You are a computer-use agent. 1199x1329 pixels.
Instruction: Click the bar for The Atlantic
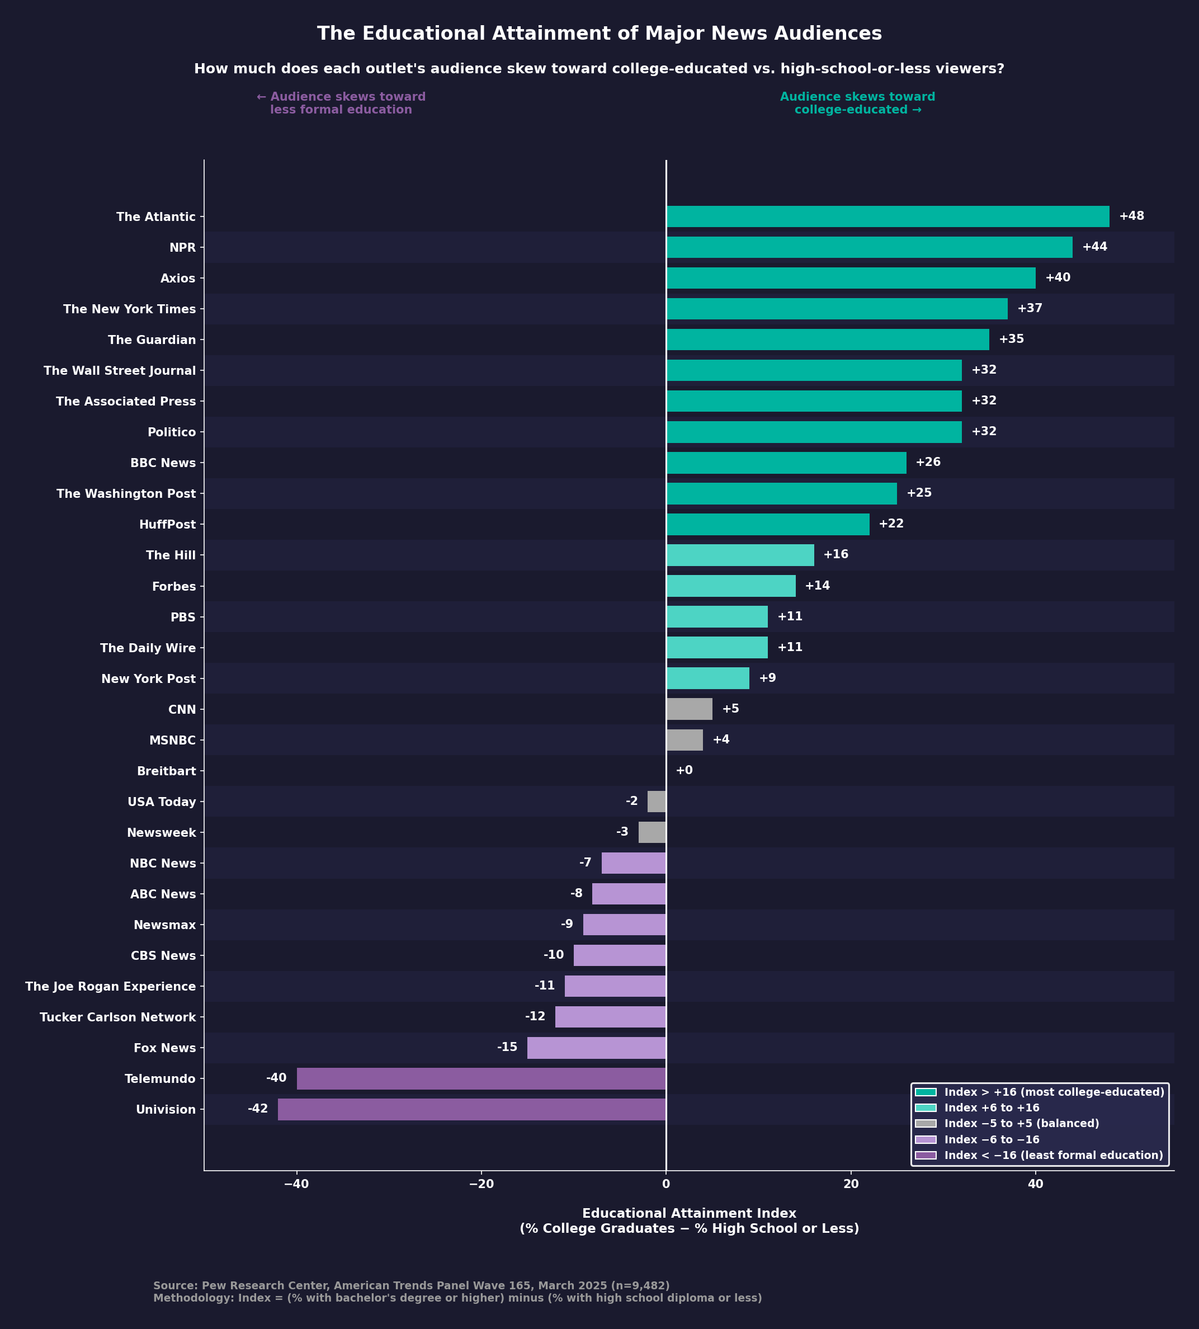click(x=888, y=217)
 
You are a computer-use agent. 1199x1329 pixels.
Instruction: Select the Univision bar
click(x=471, y=1110)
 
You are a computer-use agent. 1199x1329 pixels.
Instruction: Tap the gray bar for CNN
click(x=689, y=710)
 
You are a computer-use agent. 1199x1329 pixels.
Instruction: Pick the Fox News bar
click(x=596, y=1048)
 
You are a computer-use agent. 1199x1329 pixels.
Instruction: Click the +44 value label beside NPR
click(x=1094, y=247)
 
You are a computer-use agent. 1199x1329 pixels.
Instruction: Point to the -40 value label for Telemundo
click(x=276, y=1078)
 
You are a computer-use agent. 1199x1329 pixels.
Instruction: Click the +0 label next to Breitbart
click(x=684, y=771)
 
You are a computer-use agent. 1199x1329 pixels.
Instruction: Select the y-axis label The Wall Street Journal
click(x=120, y=371)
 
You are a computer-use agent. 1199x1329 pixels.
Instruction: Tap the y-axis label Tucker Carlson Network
click(x=118, y=1017)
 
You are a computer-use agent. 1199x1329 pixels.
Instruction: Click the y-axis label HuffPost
click(x=167, y=525)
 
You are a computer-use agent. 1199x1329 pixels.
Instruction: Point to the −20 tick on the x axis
click(x=481, y=1203)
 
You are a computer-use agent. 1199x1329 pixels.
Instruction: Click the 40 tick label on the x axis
click(x=1035, y=1203)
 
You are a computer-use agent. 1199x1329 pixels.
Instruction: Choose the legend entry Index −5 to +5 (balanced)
click(x=1021, y=1123)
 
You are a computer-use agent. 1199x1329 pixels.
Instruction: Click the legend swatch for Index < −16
click(x=926, y=1155)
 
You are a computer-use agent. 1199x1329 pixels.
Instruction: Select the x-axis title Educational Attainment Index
click(x=689, y=1214)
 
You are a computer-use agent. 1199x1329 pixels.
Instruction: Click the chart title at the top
click(x=599, y=34)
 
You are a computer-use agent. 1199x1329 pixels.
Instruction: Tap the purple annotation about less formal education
click(x=341, y=103)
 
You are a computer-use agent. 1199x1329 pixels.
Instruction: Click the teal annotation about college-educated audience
click(x=857, y=103)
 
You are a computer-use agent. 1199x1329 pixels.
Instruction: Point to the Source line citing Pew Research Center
click(x=411, y=1286)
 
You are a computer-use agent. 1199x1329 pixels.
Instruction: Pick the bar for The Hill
click(x=740, y=555)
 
